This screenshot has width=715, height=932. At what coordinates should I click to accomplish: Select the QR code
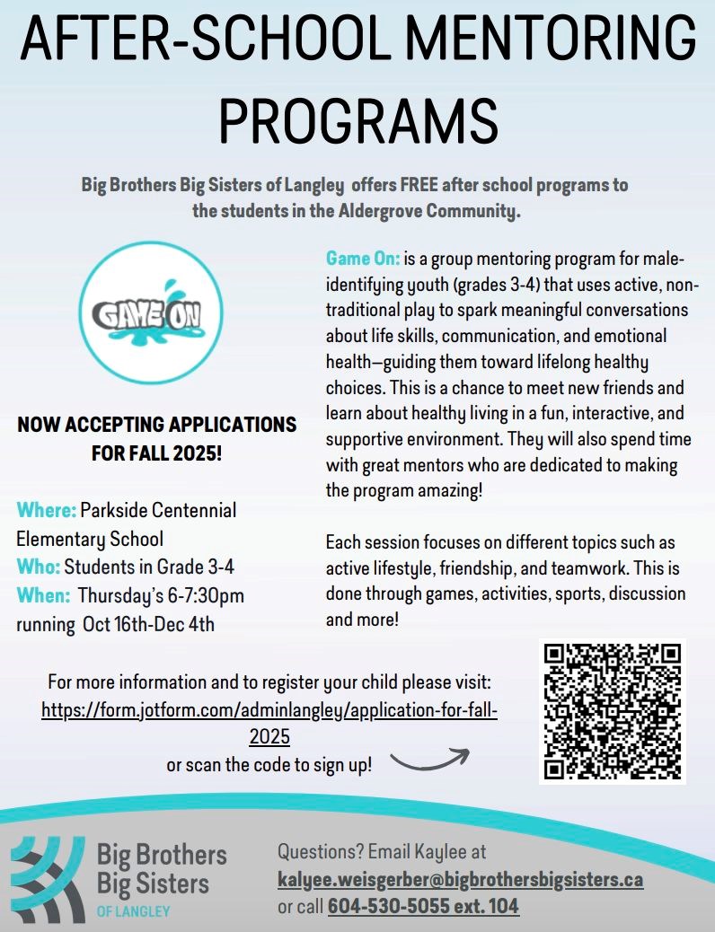tap(612, 712)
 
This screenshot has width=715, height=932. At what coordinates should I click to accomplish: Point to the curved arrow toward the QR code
tap(430, 761)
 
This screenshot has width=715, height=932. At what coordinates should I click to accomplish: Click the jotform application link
tap(269, 709)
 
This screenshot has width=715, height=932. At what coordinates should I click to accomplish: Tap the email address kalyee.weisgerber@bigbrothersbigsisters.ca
tap(460, 879)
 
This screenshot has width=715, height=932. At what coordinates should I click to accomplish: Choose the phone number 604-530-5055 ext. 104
tap(423, 907)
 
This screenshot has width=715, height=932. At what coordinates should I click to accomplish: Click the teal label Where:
tap(46, 511)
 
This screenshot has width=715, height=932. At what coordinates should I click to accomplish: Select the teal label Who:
tap(39, 567)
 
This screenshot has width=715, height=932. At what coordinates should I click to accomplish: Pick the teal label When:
tap(43, 595)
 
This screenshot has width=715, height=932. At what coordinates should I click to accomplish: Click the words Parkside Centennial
tap(158, 511)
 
